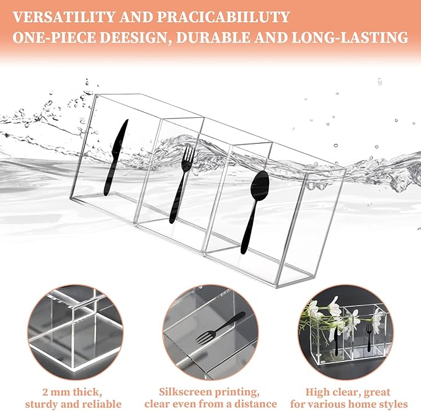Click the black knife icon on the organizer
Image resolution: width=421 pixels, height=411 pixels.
point(115,158)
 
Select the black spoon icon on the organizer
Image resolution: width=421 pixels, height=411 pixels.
point(254,212)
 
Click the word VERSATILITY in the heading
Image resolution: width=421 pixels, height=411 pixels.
point(64,17)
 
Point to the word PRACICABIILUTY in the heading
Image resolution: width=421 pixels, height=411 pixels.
point(223,17)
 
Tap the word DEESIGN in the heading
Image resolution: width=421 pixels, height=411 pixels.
point(136,37)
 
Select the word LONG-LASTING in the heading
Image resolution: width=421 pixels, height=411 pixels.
point(350,37)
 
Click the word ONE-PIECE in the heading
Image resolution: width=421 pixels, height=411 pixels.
point(54,37)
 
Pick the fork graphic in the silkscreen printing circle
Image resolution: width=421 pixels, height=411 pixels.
point(219,329)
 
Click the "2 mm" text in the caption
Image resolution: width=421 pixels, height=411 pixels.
point(56,392)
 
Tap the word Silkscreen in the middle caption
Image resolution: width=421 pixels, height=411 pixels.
point(185,392)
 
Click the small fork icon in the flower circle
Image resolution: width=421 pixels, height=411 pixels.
point(370,336)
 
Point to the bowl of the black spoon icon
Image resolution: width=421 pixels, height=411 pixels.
point(259,185)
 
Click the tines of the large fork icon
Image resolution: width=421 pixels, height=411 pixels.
point(188,152)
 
